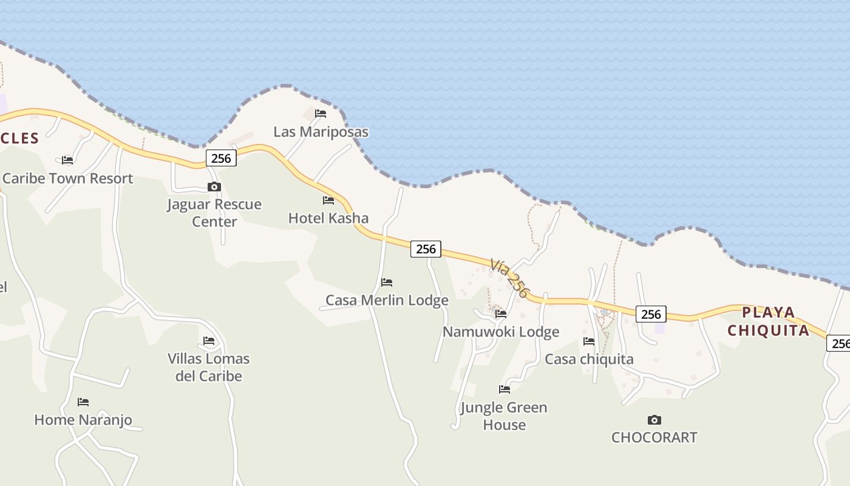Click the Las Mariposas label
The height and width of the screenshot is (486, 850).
[321, 132]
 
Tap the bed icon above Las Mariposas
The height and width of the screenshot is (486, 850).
[321, 113]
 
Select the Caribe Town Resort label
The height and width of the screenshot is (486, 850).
[67, 179]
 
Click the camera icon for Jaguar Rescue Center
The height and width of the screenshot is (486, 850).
[214, 187]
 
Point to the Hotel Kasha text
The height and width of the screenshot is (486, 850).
[328, 218]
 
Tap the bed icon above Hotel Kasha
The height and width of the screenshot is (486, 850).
[328, 200]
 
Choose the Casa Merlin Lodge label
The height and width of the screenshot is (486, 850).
[387, 300]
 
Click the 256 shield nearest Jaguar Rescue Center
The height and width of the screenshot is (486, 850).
[220, 158]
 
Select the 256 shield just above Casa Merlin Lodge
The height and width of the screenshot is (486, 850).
[426, 248]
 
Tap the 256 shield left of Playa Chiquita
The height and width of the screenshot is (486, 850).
[651, 314]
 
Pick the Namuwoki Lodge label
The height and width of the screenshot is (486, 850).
[501, 332]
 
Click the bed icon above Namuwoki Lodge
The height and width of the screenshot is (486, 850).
[501, 314]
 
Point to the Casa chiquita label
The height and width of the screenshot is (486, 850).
[589, 359]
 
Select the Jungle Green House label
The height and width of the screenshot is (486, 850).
[504, 416]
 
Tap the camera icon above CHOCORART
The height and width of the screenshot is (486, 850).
[654, 420]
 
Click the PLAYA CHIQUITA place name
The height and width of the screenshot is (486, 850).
[769, 321]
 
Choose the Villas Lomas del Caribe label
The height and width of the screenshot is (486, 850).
[209, 367]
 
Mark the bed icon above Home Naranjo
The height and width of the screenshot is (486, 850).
[83, 402]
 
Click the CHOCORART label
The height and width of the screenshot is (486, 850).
[654, 437]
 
